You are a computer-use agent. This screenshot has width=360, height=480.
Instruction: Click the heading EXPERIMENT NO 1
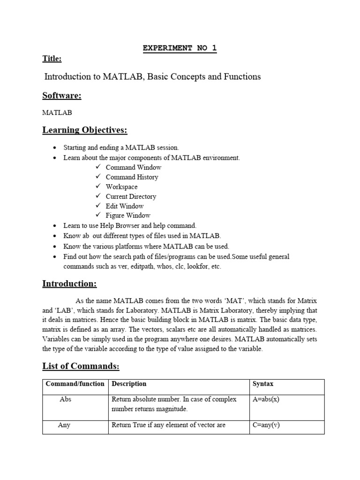click(x=180, y=48)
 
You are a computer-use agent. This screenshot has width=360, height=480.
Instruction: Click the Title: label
click(x=52, y=59)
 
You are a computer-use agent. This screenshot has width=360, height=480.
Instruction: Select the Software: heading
click(x=62, y=96)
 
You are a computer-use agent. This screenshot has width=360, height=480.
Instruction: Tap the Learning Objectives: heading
click(x=85, y=129)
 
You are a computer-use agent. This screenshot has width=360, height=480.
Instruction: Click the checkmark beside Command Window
click(x=98, y=167)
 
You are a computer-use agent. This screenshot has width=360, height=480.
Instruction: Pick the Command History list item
click(x=132, y=177)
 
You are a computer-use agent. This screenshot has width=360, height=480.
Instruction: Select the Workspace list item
click(x=121, y=187)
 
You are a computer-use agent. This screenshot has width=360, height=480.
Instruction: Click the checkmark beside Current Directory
click(x=98, y=196)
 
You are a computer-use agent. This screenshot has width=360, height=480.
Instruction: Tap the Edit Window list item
click(x=125, y=206)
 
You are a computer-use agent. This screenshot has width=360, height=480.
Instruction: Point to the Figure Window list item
click(x=128, y=216)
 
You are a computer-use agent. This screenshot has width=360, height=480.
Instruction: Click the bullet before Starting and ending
click(x=55, y=148)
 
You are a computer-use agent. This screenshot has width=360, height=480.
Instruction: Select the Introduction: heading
click(x=69, y=284)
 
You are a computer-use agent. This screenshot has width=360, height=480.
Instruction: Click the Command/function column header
click(x=75, y=384)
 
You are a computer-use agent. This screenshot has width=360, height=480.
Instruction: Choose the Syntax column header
click(x=263, y=384)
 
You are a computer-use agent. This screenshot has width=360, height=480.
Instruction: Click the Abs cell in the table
click(x=65, y=399)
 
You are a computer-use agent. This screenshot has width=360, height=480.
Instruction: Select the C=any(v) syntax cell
click(x=266, y=426)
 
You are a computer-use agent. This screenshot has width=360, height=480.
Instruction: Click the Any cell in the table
click(x=64, y=426)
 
